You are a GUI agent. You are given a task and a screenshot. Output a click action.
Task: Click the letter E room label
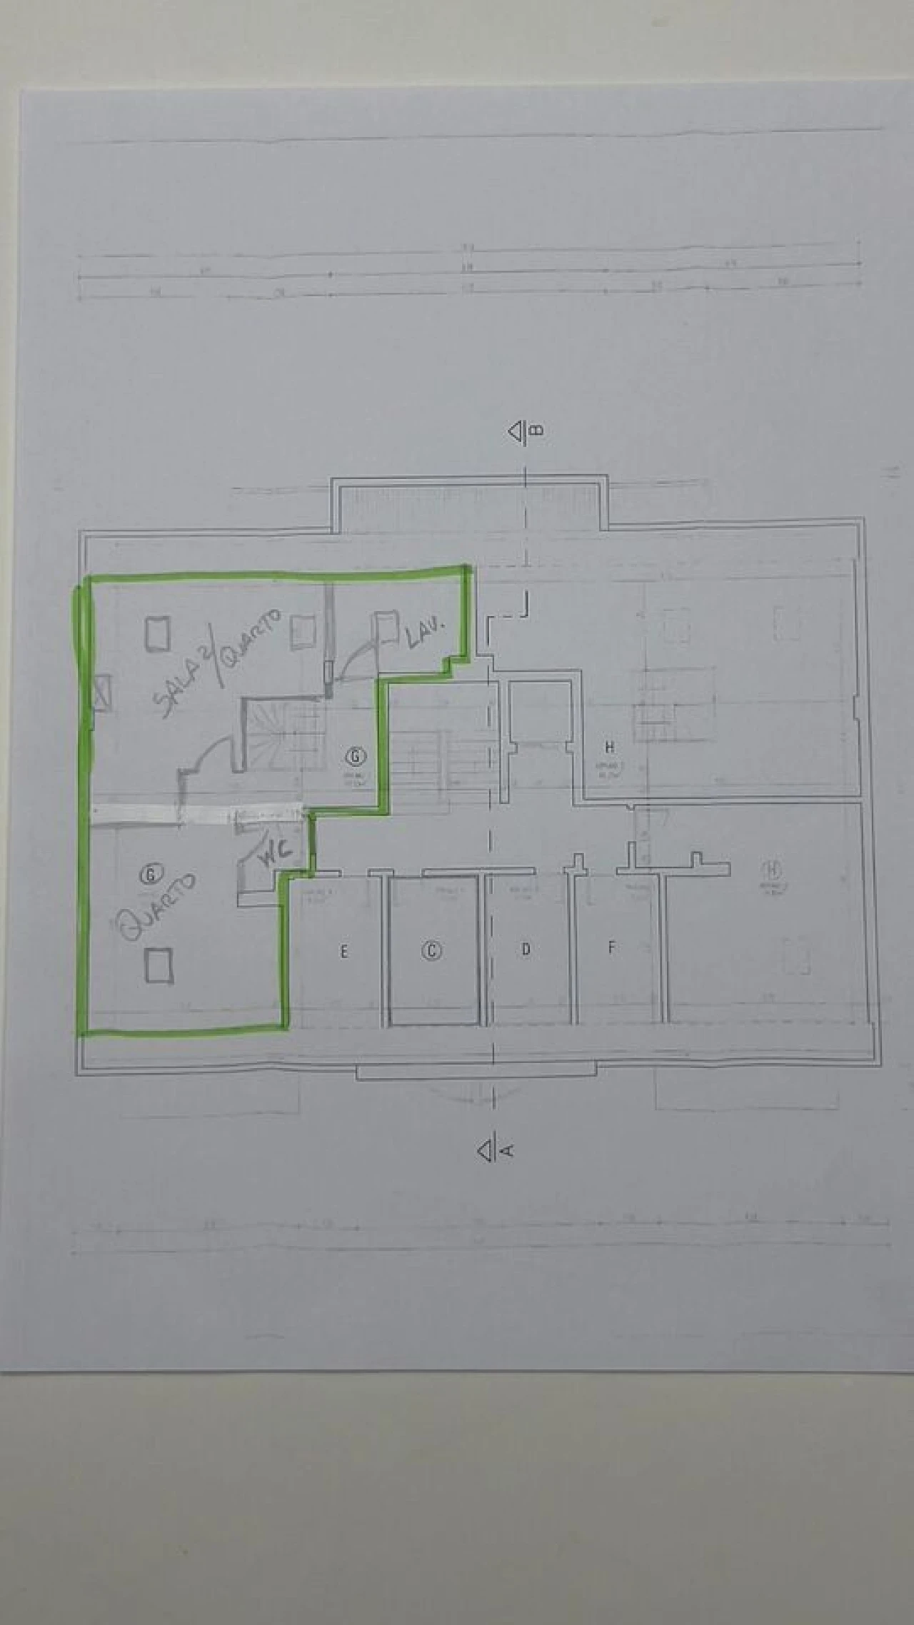[344, 951]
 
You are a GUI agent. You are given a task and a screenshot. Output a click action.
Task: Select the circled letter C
[432, 950]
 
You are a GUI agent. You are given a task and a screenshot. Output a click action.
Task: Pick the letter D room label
[526, 950]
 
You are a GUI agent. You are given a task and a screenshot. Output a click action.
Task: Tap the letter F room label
[611, 948]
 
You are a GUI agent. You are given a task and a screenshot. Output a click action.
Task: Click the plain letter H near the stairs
[609, 748]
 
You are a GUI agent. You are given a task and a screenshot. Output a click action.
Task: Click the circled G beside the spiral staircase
[355, 754]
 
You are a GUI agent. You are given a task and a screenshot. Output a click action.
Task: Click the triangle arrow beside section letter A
[486, 1150]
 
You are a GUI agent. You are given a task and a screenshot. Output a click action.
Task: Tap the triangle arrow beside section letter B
[515, 432]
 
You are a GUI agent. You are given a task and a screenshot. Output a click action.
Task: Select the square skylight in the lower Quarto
[159, 965]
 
